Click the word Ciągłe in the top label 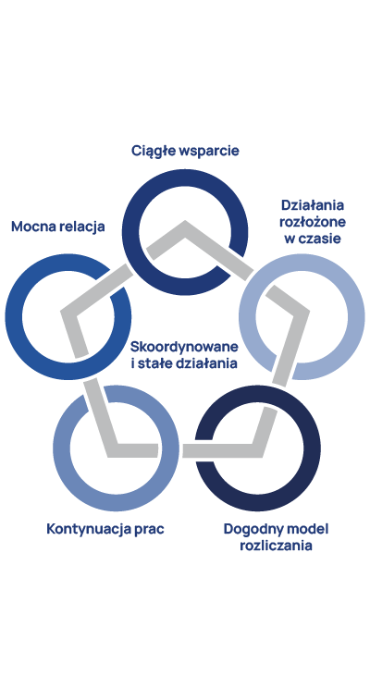pos(153,152)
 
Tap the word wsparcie pos(208,152)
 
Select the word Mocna pos(32,227)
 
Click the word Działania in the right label pos(313,206)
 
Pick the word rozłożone pos(313,222)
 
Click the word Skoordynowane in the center pos(184,347)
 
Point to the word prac pos(150,531)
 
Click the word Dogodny pos(250,530)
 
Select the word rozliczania pos(276,546)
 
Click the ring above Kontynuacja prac pos(116,503)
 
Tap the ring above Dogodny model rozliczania pos(258,503)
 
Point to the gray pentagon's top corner pos(185,221)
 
